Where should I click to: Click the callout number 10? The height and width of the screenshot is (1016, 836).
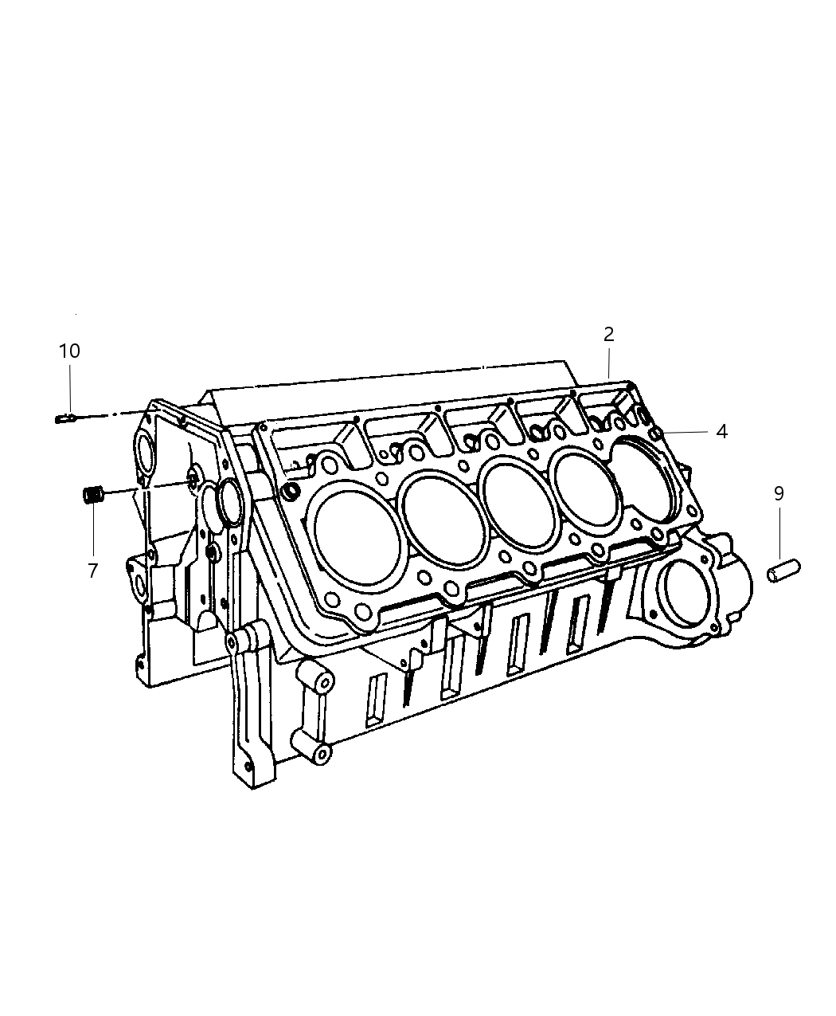[69, 351]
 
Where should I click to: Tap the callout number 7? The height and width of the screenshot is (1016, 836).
[92, 571]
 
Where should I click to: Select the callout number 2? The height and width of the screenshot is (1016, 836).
[608, 334]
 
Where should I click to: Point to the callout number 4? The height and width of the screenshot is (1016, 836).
[721, 431]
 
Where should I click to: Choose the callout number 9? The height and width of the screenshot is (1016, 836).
[779, 493]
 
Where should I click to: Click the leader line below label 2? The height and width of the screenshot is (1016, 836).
[608, 363]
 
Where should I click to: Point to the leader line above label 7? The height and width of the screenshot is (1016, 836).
[92, 534]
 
